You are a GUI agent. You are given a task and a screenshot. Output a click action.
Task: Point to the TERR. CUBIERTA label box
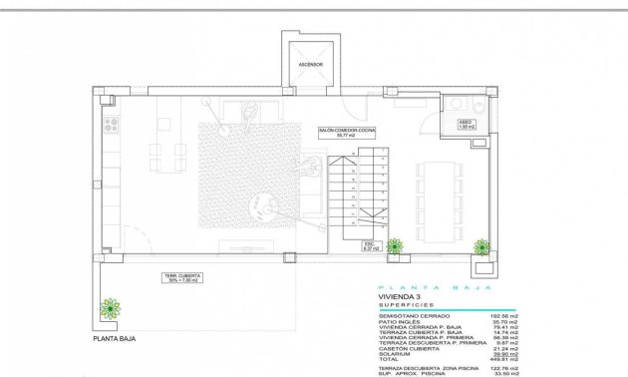tap(180, 278)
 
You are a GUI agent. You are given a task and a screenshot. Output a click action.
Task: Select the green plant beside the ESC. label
tap(396, 246)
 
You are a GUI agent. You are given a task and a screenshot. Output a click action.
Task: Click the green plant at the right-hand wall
tap(483, 247)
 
